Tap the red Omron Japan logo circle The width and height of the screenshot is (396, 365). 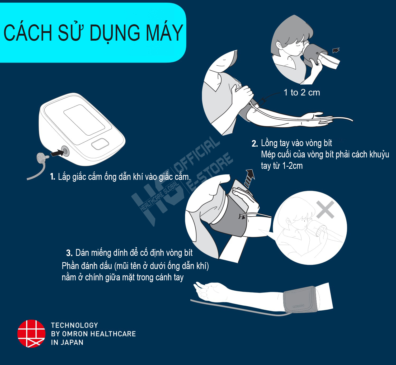point(31,334)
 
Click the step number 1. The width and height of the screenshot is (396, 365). point(53,177)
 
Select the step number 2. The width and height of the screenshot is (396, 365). point(255,143)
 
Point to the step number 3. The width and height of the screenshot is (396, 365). point(69,253)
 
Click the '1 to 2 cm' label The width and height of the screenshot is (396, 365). point(302,93)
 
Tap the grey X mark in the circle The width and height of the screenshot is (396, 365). point(325,210)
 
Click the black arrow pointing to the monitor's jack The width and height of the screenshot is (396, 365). point(57,153)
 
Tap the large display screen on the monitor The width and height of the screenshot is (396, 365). point(84,120)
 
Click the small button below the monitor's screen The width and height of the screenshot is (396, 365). point(100,144)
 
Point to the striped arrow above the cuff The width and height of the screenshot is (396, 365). point(249,179)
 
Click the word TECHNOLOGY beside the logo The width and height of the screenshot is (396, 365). point(74,325)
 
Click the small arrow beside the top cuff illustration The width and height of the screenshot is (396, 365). point(336,50)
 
